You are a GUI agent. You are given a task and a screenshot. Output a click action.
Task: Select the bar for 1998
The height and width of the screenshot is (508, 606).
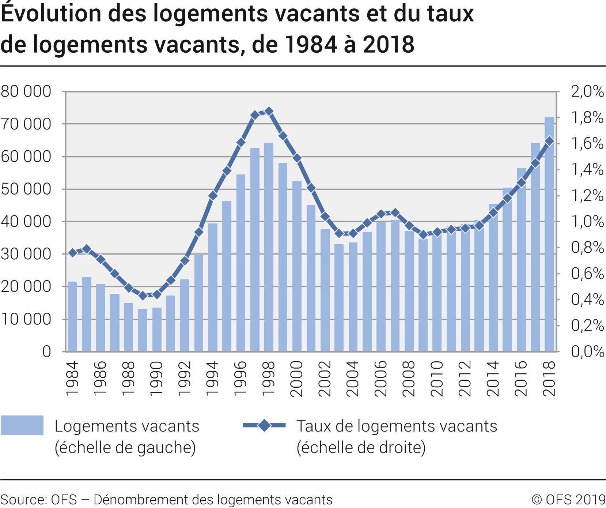coord(269,247)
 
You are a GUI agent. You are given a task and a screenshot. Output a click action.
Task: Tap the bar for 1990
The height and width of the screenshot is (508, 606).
coord(157,330)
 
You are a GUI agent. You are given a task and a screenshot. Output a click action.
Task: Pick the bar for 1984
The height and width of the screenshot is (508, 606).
coord(73,316)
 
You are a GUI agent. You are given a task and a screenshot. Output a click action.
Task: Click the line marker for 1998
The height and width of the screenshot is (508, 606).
coord(269,111)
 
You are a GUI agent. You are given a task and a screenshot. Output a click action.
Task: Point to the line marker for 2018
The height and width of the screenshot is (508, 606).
coord(549,141)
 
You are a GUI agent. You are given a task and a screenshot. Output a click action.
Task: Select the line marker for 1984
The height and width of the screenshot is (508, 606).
coord(73,253)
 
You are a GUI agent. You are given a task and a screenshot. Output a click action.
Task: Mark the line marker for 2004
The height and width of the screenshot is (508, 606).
coord(353,233)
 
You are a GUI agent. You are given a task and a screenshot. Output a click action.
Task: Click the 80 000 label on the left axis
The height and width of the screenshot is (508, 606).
coord(26,91)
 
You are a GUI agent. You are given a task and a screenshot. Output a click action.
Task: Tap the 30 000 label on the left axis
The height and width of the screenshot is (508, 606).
coord(26,254)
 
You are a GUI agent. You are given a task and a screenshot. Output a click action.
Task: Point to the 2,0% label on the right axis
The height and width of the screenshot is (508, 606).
coord(587,91)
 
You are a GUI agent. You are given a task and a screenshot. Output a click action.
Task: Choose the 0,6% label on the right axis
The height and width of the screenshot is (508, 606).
coord(587,274)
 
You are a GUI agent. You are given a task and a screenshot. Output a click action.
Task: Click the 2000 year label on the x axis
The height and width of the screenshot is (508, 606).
coord(297,379)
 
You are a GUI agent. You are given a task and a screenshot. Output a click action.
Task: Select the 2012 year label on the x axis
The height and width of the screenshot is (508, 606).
coord(465,379)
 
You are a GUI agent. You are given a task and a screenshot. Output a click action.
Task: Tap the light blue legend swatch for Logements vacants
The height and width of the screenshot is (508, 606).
coord(22,425)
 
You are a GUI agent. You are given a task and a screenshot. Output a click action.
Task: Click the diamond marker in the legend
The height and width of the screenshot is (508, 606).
coord(264,425)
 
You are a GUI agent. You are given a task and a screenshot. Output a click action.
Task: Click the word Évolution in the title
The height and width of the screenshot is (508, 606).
coord(51,14)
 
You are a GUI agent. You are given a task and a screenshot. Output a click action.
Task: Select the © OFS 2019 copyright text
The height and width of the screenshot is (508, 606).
coord(568,500)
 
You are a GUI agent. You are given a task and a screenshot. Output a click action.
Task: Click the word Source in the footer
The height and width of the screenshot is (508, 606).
coord(23,500)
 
